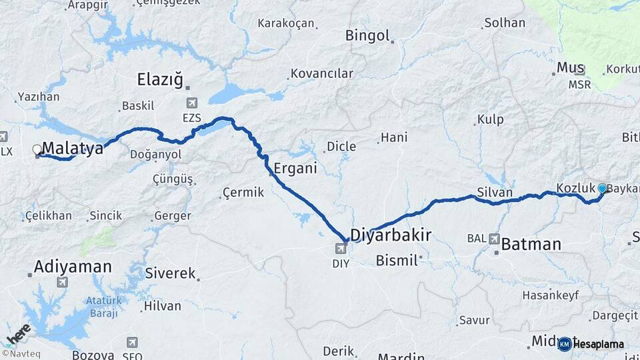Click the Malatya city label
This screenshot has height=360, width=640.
[74, 148]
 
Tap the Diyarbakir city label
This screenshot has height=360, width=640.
[391, 235]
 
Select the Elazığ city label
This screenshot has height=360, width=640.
[159, 80]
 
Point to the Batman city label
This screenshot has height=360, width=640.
[531, 244]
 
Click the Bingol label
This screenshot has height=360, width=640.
[367, 35]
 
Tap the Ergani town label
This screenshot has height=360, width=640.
[295, 168]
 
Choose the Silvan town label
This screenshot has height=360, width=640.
[495, 193]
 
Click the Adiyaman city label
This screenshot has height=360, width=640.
[73, 267]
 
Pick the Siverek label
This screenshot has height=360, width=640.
[172, 273]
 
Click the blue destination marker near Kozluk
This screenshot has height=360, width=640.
[603, 188]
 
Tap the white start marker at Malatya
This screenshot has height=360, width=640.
[37, 149]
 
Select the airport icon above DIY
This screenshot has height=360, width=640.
[341, 249]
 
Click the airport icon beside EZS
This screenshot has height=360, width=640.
[193, 103]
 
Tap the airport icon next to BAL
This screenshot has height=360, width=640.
[495, 238]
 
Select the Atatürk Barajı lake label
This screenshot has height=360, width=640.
[105, 307]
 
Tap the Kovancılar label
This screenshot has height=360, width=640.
[322, 73]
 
